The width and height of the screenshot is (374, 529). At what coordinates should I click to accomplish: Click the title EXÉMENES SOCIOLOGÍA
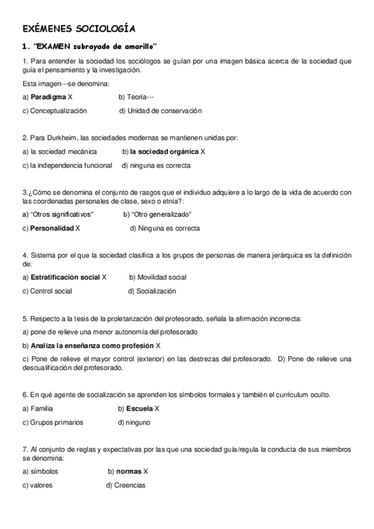pos(78,29)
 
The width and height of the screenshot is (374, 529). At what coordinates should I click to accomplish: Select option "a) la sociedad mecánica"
pos(59,152)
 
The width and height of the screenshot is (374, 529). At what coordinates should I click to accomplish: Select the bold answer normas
pos(129,472)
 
